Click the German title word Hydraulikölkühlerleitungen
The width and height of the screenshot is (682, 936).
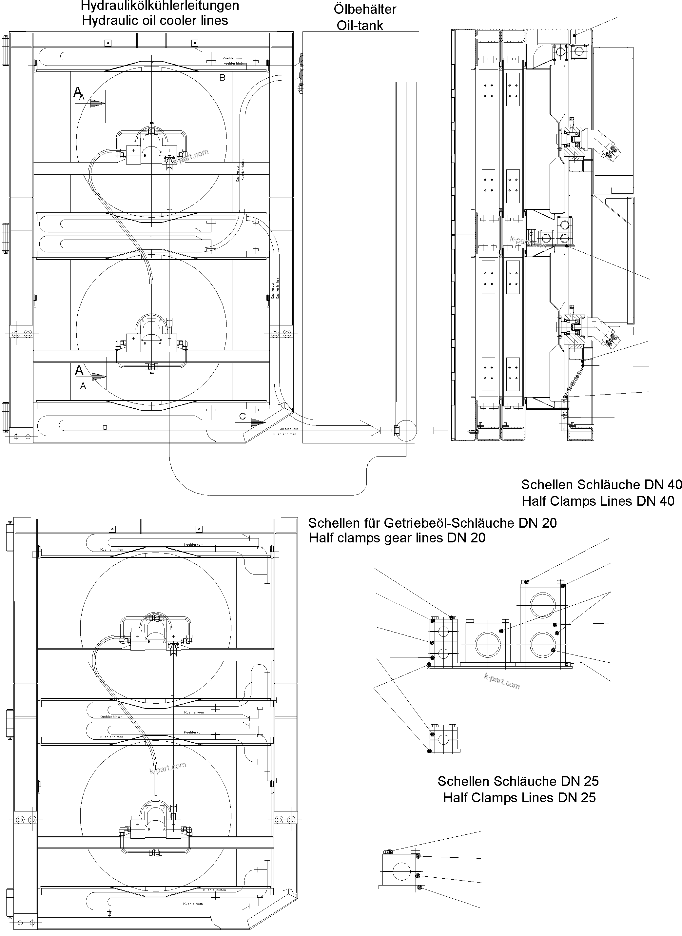click(160, 6)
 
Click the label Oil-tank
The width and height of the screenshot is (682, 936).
click(360, 26)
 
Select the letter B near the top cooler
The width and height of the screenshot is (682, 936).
click(222, 78)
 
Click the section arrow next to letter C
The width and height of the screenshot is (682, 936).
click(258, 422)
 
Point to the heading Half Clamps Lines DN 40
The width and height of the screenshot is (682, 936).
click(598, 501)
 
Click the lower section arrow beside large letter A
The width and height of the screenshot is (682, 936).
click(98, 377)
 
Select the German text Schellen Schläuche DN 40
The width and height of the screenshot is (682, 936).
click(601, 484)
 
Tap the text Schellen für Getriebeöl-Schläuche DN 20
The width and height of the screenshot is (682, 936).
click(432, 523)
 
